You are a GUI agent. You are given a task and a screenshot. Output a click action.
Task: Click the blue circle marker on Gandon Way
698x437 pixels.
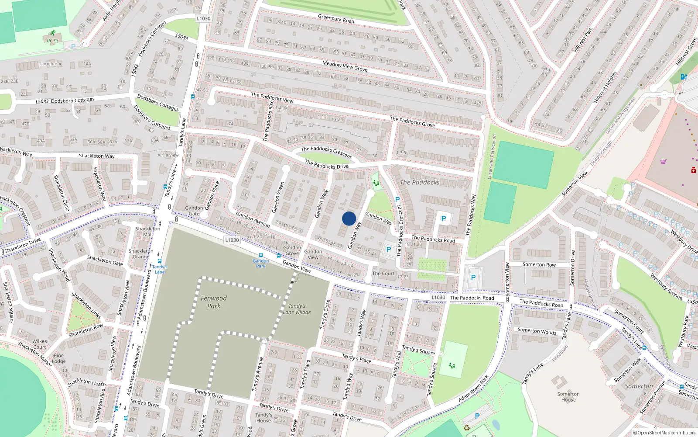tap(349, 218)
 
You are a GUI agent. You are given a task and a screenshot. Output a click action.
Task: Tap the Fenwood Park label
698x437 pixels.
tap(214, 302)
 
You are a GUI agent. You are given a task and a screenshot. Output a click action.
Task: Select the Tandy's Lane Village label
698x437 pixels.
tap(297, 309)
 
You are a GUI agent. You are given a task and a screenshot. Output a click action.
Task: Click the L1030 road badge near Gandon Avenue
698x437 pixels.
tap(232, 240)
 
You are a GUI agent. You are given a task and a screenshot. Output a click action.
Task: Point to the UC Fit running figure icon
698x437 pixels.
tap(53, 33)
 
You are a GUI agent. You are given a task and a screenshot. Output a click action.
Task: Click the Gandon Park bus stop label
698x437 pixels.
tap(260, 264)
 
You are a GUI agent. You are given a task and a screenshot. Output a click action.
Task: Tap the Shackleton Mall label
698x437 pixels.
tap(148, 231)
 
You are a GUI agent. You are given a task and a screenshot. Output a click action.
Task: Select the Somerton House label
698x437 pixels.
tap(568, 397)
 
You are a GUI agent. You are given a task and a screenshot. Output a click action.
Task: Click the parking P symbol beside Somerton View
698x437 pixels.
tap(473, 277)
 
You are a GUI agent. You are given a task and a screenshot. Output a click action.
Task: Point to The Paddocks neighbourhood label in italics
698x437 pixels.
tap(419, 182)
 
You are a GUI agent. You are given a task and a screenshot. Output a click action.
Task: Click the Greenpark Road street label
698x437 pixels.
tap(336, 19)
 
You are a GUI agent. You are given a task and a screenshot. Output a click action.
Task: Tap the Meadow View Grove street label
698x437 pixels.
tap(345, 66)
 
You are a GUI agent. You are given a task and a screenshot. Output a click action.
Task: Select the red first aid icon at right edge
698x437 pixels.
tap(693, 170)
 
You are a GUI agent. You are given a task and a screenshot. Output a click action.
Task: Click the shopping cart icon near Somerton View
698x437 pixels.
tap(663, 162)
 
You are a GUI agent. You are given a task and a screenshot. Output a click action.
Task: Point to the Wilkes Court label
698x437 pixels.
tap(39, 344)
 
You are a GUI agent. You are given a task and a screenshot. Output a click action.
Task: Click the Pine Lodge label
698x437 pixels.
tap(58, 358)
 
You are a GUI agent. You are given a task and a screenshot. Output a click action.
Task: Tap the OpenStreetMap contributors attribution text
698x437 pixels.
tap(664, 433)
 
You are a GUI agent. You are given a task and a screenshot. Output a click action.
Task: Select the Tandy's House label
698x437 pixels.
tap(263, 418)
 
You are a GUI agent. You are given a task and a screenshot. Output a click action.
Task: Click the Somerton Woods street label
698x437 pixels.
tap(537, 331)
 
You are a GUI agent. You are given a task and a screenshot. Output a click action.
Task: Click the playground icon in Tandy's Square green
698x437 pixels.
tap(452, 365)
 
